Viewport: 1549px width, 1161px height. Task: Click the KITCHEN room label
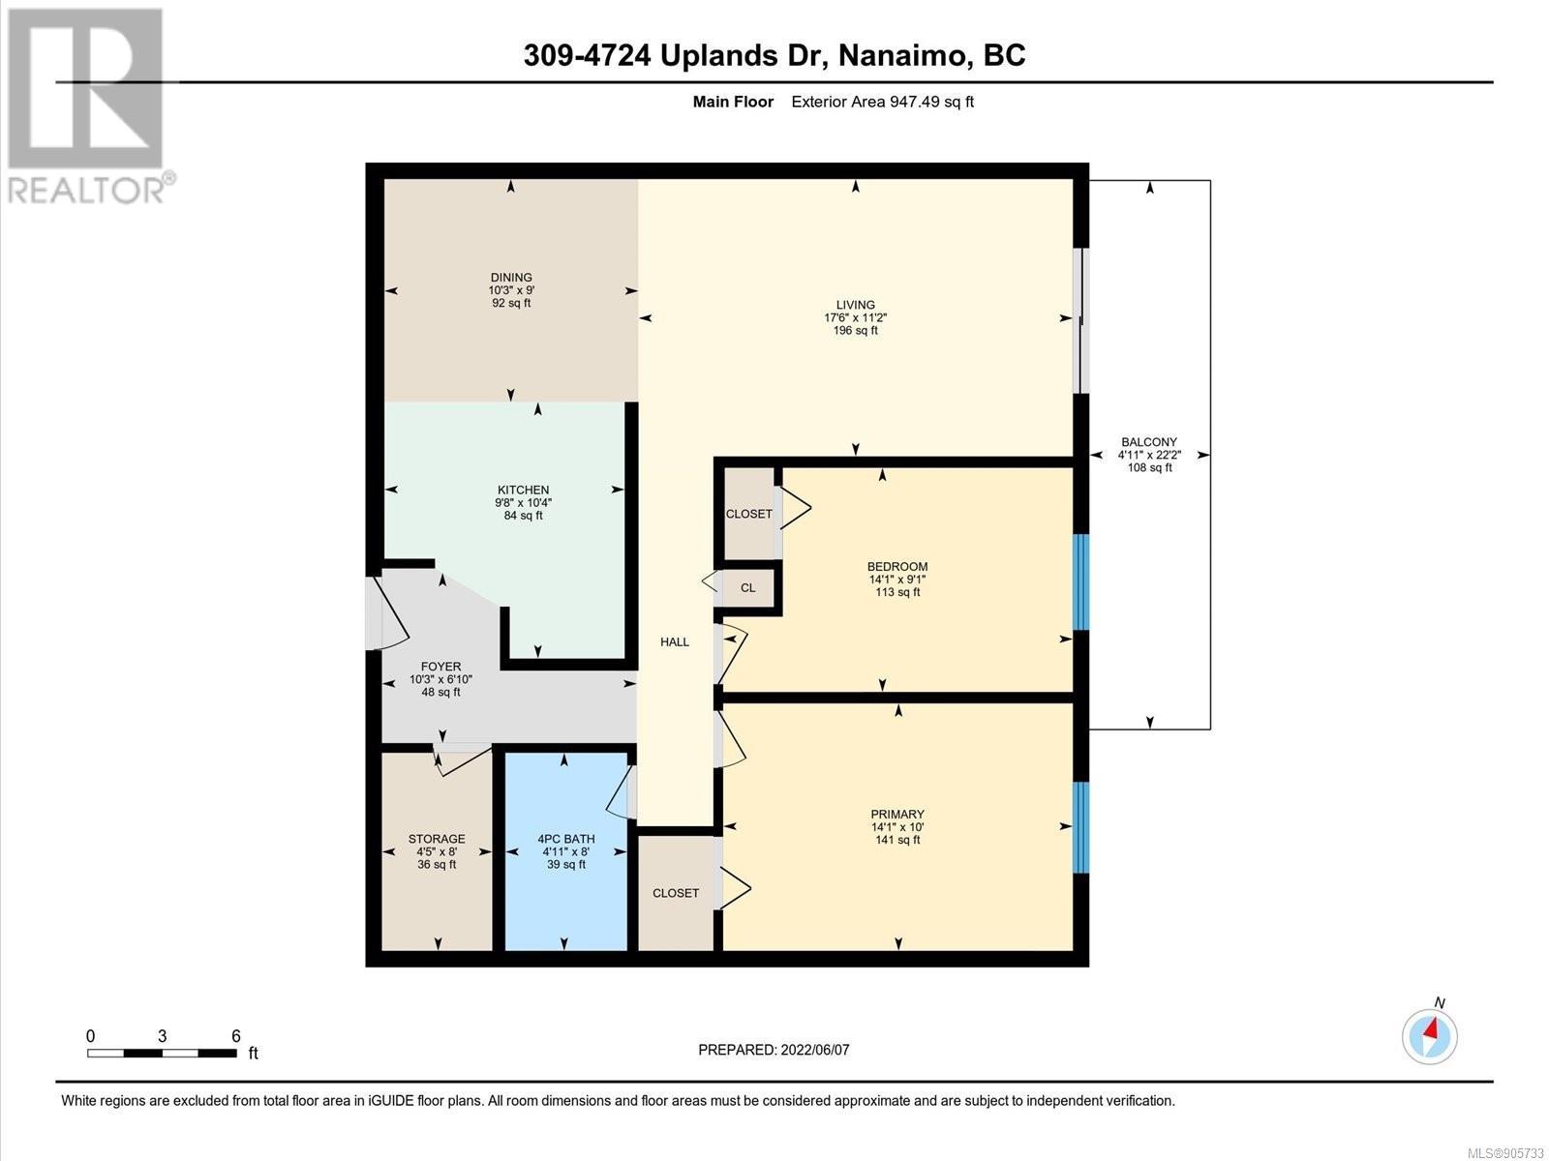point(523,490)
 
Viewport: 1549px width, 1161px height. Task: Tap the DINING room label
point(511,277)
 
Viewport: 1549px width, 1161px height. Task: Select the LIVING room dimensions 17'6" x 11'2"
point(855,318)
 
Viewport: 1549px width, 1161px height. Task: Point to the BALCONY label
point(1149,442)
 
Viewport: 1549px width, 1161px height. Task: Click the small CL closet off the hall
point(748,588)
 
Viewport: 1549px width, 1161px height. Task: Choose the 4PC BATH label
point(566,839)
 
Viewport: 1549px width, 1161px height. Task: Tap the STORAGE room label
point(436,839)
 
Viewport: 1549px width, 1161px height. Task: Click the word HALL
point(675,641)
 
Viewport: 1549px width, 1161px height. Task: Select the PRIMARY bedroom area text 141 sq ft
point(897,840)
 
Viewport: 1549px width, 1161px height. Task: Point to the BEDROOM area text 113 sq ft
point(897,592)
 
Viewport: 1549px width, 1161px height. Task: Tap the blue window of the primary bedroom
point(1080,827)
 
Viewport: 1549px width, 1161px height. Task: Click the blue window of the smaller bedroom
point(1080,581)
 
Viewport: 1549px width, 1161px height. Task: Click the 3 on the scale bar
point(163,1036)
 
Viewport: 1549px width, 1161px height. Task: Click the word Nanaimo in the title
point(902,55)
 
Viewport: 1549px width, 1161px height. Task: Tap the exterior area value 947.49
point(915,102)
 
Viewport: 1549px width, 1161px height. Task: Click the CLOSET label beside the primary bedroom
point(676,893)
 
